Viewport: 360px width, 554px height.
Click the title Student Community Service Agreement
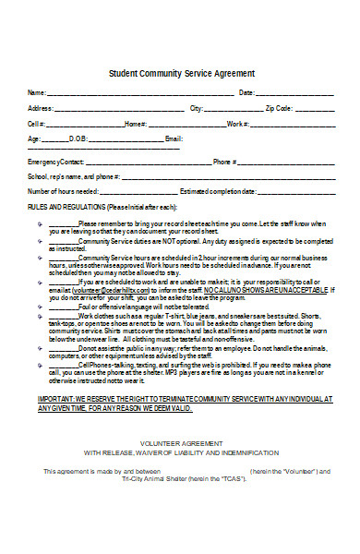pyautogui.click(x=182, y=73)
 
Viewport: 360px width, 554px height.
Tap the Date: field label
pyautogui.click(x=246, y=93)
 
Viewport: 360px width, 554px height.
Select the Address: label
pyautogui.click(x=41, y=108)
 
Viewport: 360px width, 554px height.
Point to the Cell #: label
pyautogui.click(x=36, y=124)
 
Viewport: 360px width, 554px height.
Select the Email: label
pyautogui.click(x=174, y=138)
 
